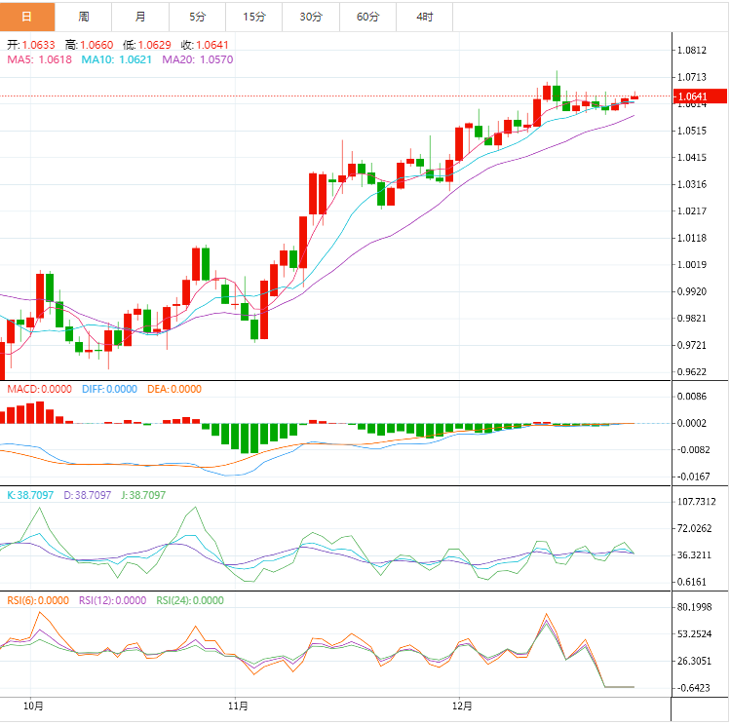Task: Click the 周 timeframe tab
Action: [x=84, y=17]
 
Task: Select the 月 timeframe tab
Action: [x=141, y=17]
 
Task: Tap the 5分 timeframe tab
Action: [x=198, y=17]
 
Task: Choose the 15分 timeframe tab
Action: [x=254, y=17]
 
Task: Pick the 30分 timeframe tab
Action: [x=311, y=17]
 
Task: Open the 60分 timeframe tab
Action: [x=367, y=17]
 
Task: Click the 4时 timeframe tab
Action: [x=424, y=17]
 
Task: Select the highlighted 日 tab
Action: [x=27, y=17]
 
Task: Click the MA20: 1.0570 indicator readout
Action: [x=198, y=59]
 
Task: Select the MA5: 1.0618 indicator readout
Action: [x=40, y=59]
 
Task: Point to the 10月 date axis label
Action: [x=33, y=706]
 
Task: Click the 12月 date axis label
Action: [x=463, y=706]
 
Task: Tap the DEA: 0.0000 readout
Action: [x=174, y=389]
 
